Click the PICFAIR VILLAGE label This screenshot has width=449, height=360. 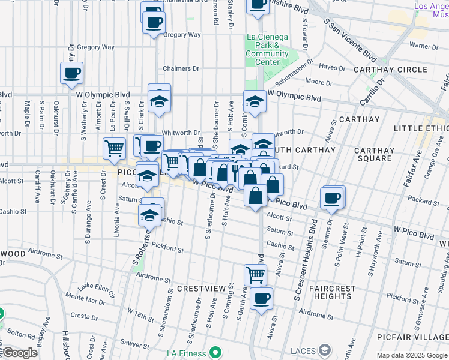coord(411,337)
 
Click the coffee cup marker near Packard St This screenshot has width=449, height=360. coord(331,199)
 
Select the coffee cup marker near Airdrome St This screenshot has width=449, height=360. coord(261,299)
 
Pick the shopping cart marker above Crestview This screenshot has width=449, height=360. coord(255,275)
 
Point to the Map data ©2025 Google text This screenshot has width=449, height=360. coord(411,355)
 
